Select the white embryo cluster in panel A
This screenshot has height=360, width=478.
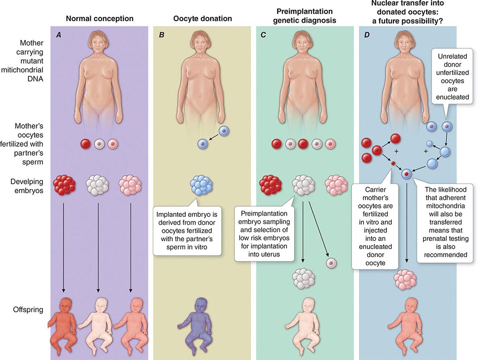[x=97, y=184]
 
